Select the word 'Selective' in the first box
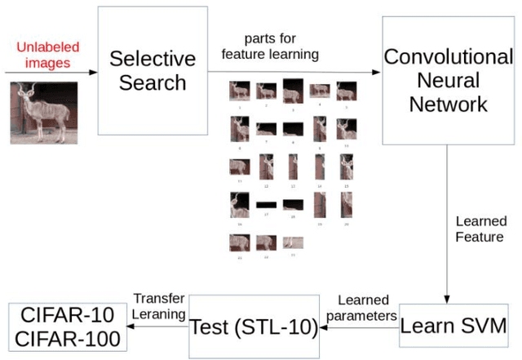[153, 59]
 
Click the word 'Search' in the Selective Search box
[153, 82]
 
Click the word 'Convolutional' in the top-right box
[448, 57]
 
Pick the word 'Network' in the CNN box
[448, 104]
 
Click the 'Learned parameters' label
[363, 308]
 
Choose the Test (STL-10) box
[254, 327]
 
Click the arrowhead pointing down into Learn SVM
[447, 298]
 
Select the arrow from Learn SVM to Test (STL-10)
[359, 327]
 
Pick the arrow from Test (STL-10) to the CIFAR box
[158, 327]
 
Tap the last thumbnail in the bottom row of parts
[293, 242]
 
